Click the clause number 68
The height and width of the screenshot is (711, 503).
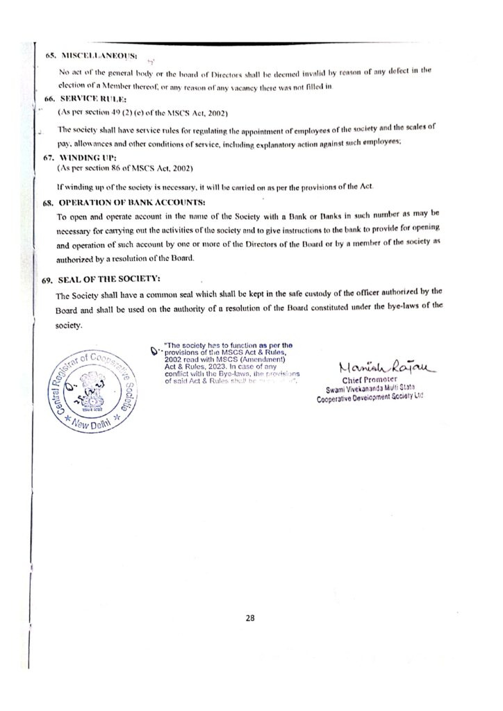click(x=48, y=201)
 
